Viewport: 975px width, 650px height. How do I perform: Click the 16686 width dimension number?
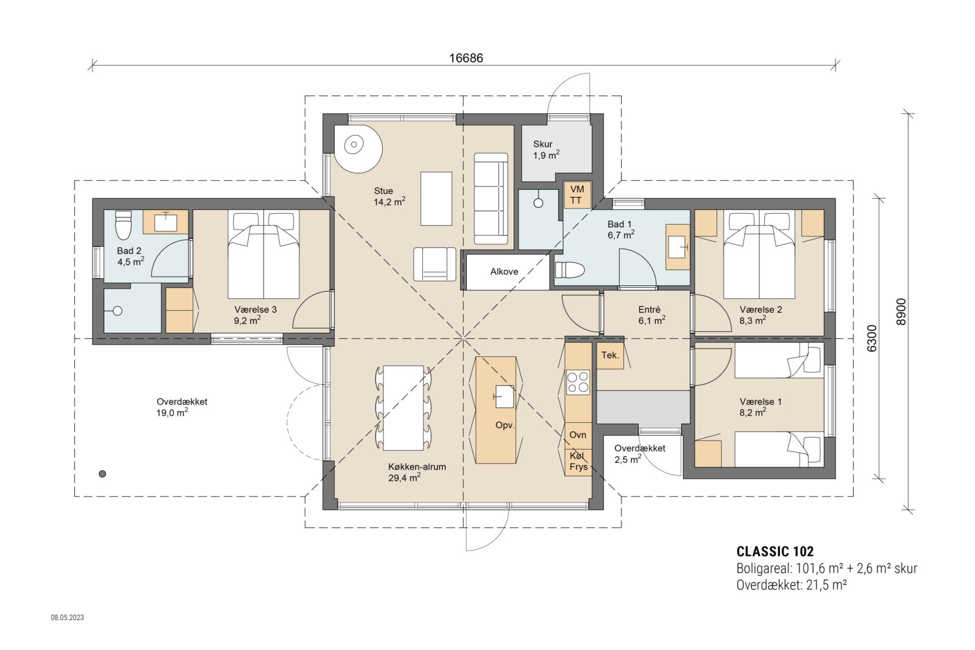click(466, 58)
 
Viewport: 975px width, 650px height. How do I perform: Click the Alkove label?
click(504, 272)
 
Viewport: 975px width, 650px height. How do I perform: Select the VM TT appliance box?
click(576, 195)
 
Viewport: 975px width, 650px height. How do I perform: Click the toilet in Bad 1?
click(570, 269)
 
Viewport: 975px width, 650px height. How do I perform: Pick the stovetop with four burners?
click(578, 382)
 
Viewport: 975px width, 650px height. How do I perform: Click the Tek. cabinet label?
click(610, 355)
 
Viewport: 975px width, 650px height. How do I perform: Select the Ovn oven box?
click(578, 434)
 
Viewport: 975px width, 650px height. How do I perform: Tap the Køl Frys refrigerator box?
click(578, 462)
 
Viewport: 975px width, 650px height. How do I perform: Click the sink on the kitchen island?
click(504, 397)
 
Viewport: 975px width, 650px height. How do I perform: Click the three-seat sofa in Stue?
click(491, 198)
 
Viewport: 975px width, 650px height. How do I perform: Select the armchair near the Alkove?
click(434, 264)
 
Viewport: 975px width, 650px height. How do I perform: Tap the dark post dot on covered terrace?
click(102, 473)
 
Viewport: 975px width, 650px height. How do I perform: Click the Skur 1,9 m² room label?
click(545, 149)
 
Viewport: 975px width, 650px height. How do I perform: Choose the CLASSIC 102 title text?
click(775, 552)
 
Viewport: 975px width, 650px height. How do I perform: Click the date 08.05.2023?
click(67, 618)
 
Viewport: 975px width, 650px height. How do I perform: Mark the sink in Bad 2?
click(165, 222)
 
